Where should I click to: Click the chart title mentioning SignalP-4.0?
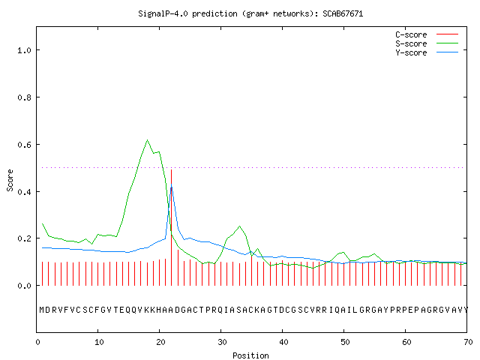coord(250,13)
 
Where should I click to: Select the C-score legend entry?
coord(427,34)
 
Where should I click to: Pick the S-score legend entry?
coord(427,43)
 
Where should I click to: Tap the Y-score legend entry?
coord(427,52)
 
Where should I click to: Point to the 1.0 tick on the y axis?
coord(24,50)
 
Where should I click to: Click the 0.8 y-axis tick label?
coord(24,97)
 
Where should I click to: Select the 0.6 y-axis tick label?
coord(24,145)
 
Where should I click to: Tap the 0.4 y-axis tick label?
coord(24,192)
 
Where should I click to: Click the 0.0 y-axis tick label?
coord(24,286)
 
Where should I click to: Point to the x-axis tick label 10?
coord(99,342)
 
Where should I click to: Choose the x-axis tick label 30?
coord(222,342)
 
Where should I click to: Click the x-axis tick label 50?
coord(345,342)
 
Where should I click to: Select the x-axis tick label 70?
coord(468,342)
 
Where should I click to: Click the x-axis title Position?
coord(250,355)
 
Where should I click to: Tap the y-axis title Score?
coord(10,180)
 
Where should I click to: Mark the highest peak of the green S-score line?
coord(147,140)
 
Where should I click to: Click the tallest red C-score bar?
coord(172,227)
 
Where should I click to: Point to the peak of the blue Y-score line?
coord(172,184)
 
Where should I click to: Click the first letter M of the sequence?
coord(42,310)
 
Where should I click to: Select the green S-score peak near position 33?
coord(239,226)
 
